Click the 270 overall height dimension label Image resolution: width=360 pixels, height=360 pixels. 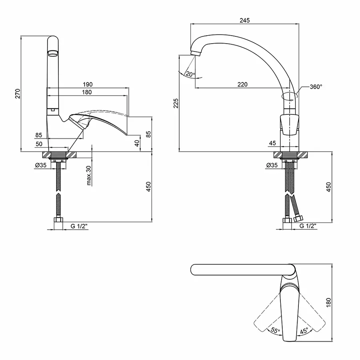[x=18, y=94]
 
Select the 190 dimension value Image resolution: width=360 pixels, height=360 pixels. [x=88, y=84]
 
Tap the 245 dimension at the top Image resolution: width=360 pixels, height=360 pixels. [x=245, y=20]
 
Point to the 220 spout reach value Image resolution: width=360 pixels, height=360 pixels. [x=242, y=84]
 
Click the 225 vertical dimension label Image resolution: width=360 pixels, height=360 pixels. [x=176, y=103]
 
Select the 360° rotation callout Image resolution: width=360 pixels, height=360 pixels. [x=316, y=87]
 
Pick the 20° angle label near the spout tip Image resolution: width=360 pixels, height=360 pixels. [x=190, y=74]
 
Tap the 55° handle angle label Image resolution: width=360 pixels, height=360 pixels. [x=275, y=331]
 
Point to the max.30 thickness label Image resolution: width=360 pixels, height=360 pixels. [x=89, y=176]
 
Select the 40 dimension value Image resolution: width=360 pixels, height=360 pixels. [x=137, y=143]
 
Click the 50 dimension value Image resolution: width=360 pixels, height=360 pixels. [x=39, y=144]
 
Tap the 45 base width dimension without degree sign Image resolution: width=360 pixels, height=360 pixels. [x=272, y=143]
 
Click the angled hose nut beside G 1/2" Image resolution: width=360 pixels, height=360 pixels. [x=298, y=218]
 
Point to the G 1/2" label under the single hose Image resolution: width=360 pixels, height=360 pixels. [x=79, y=226]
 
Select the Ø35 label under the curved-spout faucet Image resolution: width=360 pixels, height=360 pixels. [x=272, y=165]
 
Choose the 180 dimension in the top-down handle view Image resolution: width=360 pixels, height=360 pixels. [x=328, y=303]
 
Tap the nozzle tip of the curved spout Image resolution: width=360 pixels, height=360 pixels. [x=196, y=54]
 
